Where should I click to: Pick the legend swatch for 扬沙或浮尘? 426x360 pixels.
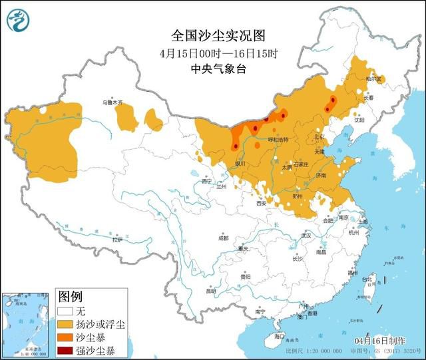65,324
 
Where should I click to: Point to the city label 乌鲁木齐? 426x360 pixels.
112,103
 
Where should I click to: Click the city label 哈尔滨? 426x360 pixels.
375,79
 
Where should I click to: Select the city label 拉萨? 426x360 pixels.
117,240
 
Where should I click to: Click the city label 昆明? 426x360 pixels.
210,291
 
